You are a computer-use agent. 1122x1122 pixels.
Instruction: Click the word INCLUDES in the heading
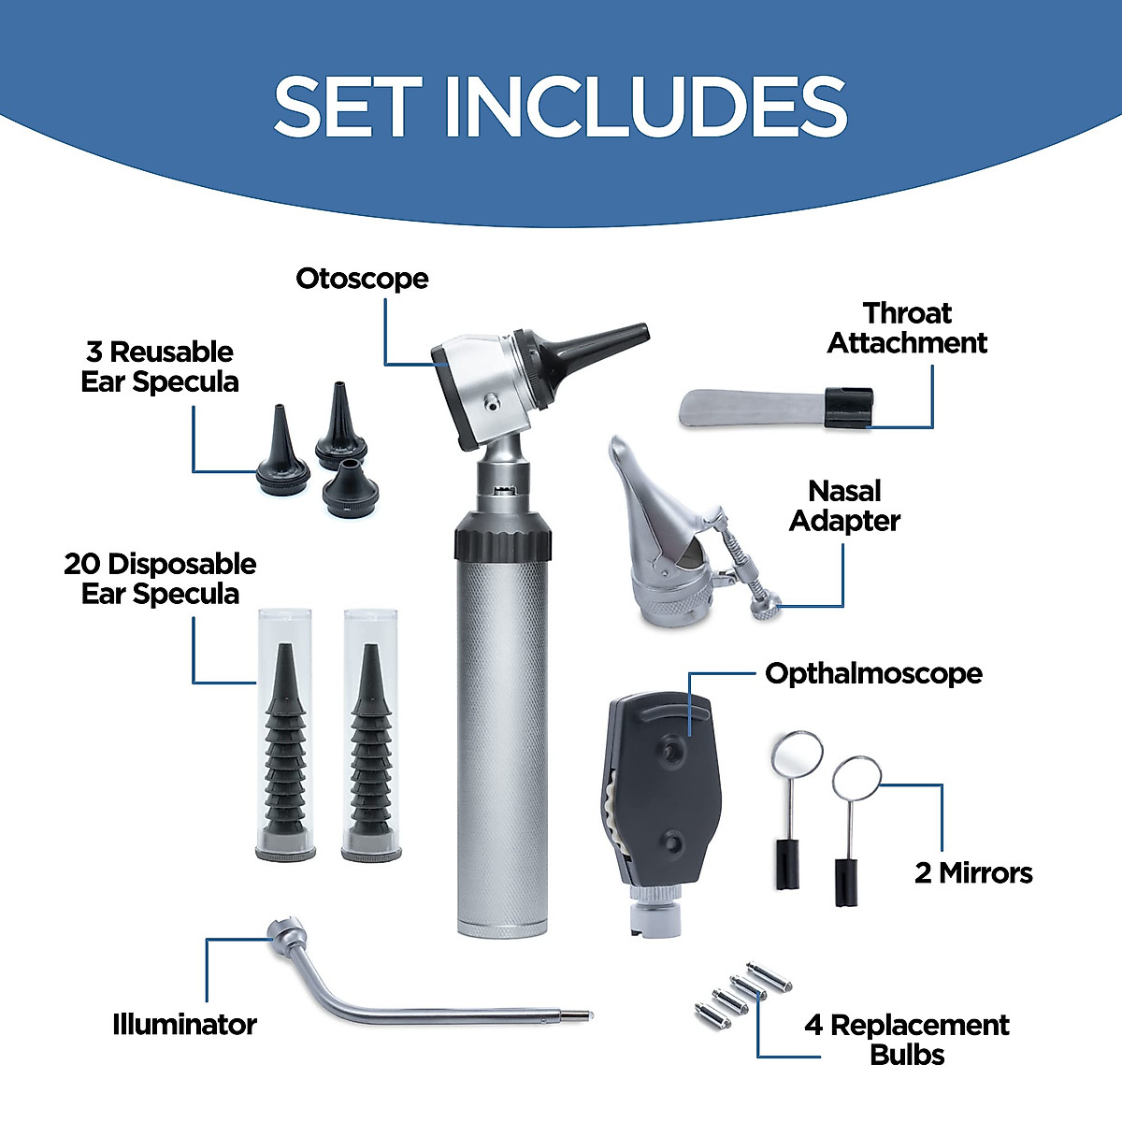(x=645, y=107)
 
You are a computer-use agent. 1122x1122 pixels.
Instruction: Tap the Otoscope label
(x=362, y=279)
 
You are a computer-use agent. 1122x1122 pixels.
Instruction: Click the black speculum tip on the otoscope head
(x=598, y=346)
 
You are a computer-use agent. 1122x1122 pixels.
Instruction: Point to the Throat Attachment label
(x=906, y=328)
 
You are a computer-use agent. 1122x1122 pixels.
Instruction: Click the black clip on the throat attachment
(x=848, y=409)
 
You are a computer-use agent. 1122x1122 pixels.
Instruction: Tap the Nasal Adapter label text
(x=844, y=506)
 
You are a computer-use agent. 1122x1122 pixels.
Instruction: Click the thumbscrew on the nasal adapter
(x=764, y=609)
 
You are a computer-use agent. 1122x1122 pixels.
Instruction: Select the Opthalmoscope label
(x=873, y=673)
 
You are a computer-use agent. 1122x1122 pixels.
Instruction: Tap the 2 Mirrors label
(x=973, y=872)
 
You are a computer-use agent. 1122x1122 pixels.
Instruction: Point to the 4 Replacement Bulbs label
(x=906, y=1040)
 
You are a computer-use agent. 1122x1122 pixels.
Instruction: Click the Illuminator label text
(x=184, y=1024)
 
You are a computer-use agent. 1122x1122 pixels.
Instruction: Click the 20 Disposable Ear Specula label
(x=160, y=579)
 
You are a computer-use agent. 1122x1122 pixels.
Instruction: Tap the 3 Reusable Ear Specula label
(x=160, y=367)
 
